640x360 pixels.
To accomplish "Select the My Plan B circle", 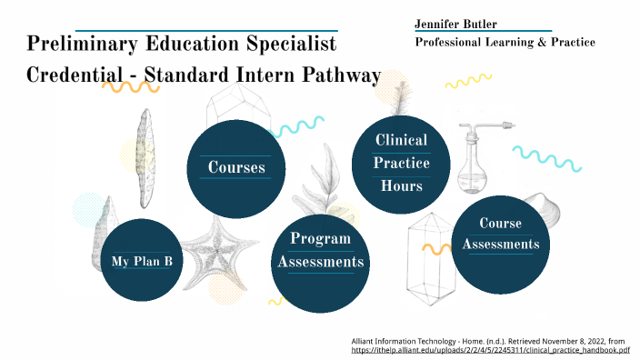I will pyautogui.click(x=142, y=261).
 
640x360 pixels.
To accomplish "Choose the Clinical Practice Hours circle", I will pyautogui.click(x=401, y=163).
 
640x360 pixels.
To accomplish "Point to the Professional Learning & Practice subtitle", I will pyautogui.click(x=505, y=43).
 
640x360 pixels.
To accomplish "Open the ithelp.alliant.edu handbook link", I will pyautogui.click(x=491, y=349).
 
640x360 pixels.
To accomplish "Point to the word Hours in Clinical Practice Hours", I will pyautogui.click(x=401, y=185).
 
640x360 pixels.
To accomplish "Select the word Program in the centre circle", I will pyautogui.click(x=320, y=239).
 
